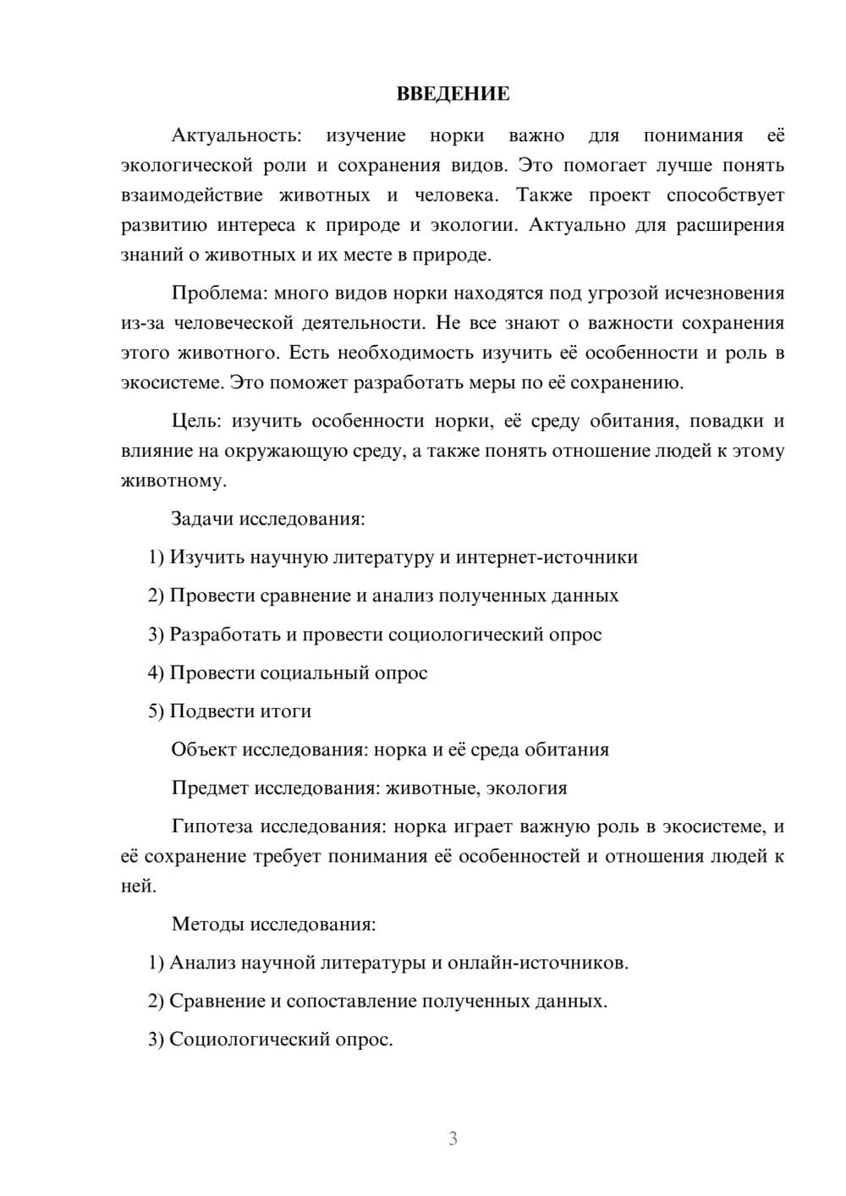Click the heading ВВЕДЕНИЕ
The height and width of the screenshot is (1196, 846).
click(x=453, y=94)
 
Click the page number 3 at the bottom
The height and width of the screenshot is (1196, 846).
click(x=453, y=1138)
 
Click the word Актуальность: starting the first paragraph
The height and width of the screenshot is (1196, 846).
click(x=236, y=135)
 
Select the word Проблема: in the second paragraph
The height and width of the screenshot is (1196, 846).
click(x=219, y=294)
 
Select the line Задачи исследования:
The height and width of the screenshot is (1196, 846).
click(x=268, y=518)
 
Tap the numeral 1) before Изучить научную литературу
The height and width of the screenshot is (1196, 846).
click(x=156, y=557)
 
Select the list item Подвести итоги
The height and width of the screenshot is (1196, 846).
click(x=240, y=711)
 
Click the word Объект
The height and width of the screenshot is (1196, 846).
click(x=204, y=749)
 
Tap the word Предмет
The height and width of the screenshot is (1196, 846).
click(x=210, y=788)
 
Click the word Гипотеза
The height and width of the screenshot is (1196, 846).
click(x=211, y=826)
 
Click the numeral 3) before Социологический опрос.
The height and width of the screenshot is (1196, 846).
click(x=156, y=1040)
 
